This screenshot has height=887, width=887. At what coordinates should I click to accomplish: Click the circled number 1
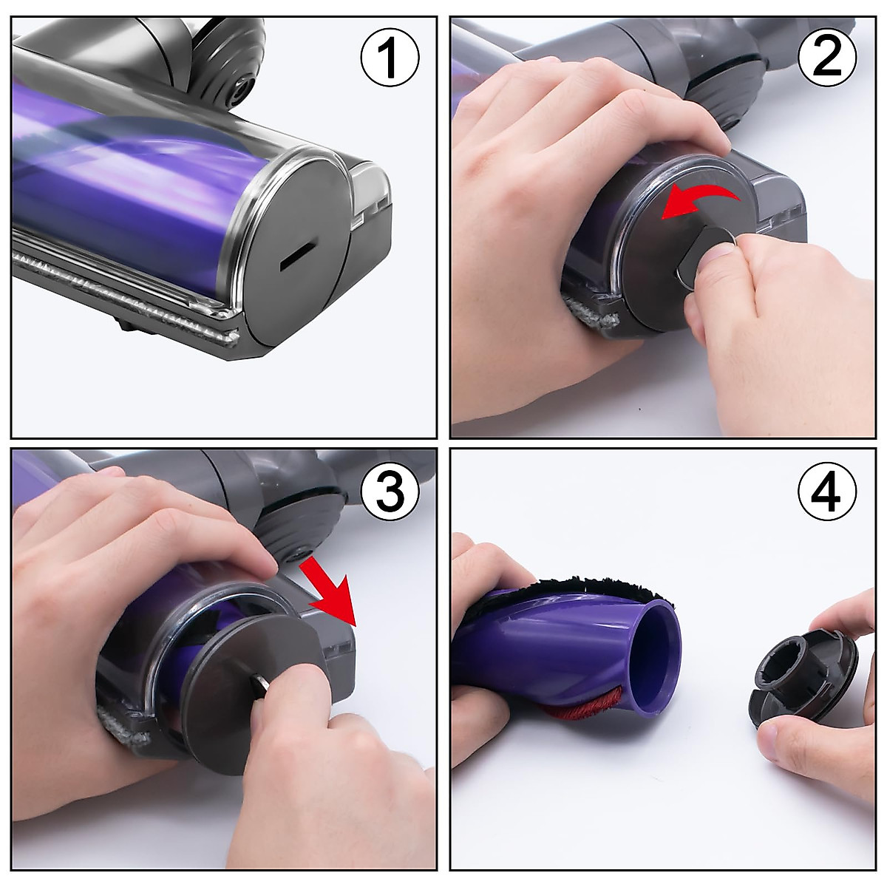pyautogui.click(x=390, y=58)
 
